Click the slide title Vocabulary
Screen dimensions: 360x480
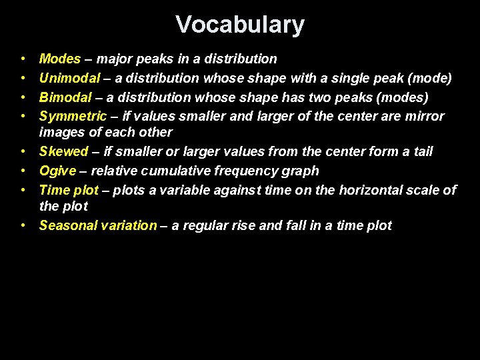pos(240,25)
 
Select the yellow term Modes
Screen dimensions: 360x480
pos(60,59)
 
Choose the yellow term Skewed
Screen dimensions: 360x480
pos(63,152)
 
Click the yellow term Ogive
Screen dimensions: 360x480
pos(57,171)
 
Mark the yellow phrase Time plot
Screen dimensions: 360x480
pos(69,190)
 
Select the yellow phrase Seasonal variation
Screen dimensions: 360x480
pos(97,225)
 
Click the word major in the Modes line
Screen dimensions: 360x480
pos(115,59)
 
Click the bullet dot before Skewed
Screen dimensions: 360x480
pos(23,152)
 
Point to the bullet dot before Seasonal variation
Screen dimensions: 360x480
pos(23,225)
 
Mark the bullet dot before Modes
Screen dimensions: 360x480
pos(23,59)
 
